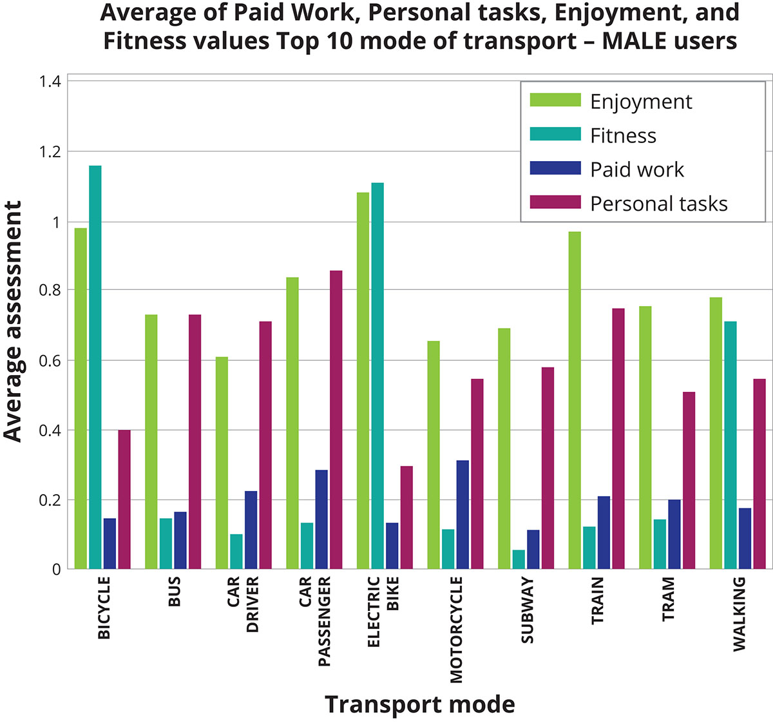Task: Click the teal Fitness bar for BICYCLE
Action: (95, 367)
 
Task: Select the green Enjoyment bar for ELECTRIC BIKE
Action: (363, 380)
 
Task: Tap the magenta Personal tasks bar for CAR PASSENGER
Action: (336, 419)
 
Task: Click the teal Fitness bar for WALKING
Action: (730, 445)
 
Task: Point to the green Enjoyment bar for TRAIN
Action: (575, 400)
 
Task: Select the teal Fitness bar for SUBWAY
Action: (519, 559)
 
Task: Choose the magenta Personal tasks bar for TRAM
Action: (689, 480)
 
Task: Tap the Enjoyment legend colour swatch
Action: (555, 101)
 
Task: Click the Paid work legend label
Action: (637, 169)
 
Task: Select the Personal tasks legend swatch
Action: (555, 203)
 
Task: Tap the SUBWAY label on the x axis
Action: (527, 610)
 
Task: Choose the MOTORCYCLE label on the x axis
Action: (456, 630)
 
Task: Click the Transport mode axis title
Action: (420, 704)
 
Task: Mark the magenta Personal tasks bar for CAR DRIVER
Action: (265, 445)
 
